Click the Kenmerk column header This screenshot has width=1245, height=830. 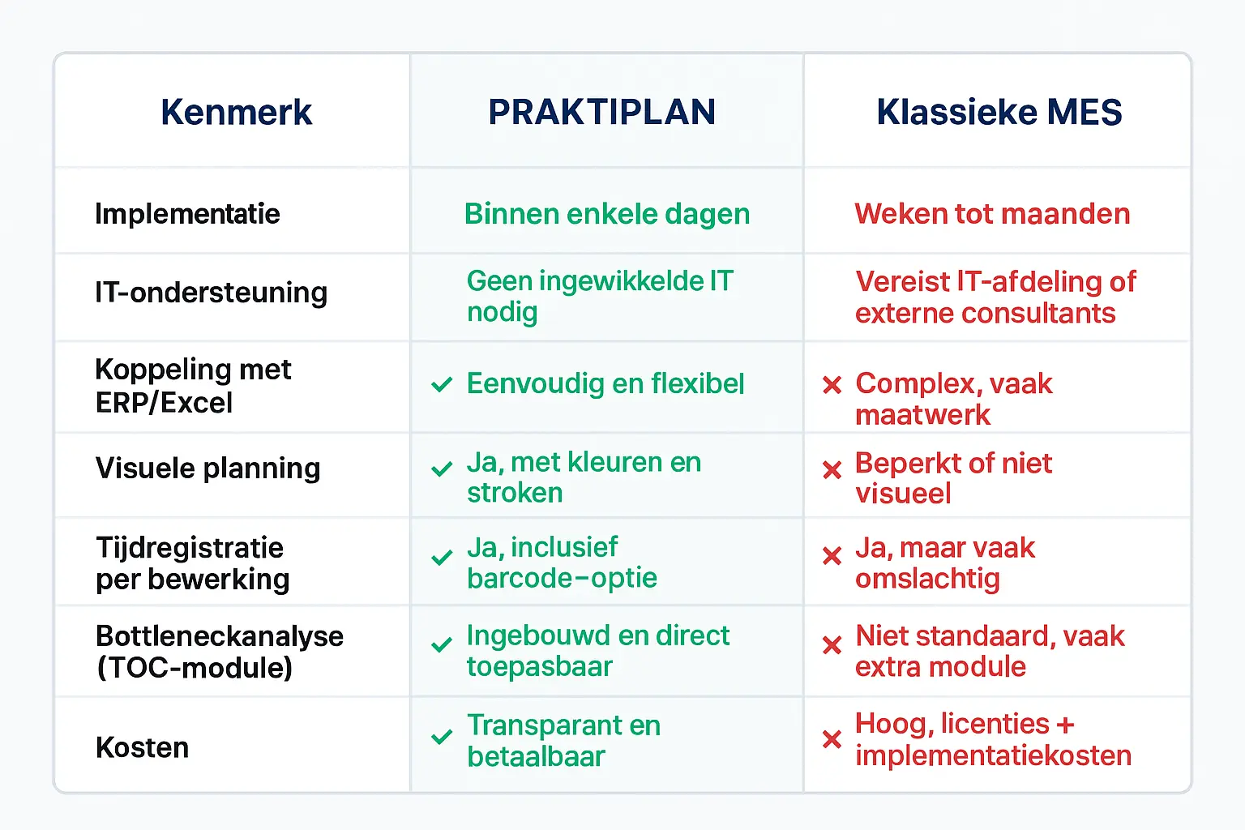pyautogui.click(x=236, y=113)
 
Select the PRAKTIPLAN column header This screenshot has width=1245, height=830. pyautogui.click(x=602, y=113)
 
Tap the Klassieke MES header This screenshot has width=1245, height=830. pyautogui.click(x=999, y=113)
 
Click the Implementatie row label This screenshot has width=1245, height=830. pyautogui.click(x=187, y=214)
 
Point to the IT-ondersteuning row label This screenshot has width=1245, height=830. pyautogui.click(x=212, y=293)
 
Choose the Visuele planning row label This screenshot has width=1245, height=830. pyautogui.click(x=207, y=468)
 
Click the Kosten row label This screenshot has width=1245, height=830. pyautogui.click(x=143, y=747)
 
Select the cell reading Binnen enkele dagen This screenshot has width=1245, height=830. pyautogui.click(x=607, y=215)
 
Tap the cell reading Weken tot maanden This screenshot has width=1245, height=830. pyautogui.click(x=992, y=214)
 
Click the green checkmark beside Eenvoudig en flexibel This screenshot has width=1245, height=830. pyautogui.click(x=442, y=384)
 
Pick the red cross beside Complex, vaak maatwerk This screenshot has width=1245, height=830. pyautogui.click(x=832, y=385)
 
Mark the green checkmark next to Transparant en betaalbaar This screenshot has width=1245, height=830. pyautogui.click(x=442, y=737)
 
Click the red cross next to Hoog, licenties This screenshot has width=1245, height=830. pyautogui.click(x=832, y=739)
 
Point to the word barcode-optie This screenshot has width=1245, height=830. pyautogui.click(x=562, y=578)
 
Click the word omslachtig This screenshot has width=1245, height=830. pyautogui.click(x=927, y=580)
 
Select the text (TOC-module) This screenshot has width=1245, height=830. pyautogui.click(x=195, y=668)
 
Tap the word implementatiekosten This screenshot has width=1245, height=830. pyautogui.click(x=993, y=755)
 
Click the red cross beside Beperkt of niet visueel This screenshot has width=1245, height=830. pyautogui.click(x=832, y=470)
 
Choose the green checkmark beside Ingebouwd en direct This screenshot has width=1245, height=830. pyautogui.click(x=442, y=645)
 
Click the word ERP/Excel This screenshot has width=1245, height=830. pyautogui.click(x=164, y=403)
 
